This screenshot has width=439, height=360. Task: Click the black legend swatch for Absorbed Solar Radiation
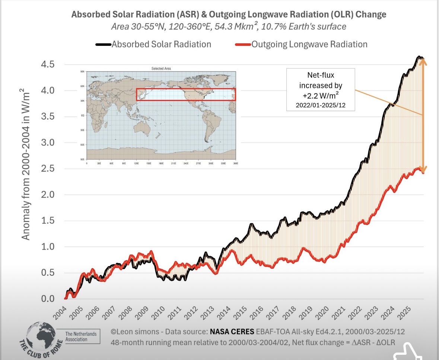[103, 44]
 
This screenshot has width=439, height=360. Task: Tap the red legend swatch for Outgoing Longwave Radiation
[243, 44]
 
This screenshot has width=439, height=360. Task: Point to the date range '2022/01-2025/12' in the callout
[320, 105]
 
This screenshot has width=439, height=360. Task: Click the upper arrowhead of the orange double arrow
[423, 62]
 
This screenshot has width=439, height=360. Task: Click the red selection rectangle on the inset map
[185, 95]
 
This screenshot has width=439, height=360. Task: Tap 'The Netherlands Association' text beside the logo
[81, 336]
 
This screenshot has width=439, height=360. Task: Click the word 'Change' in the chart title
[371, 15]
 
